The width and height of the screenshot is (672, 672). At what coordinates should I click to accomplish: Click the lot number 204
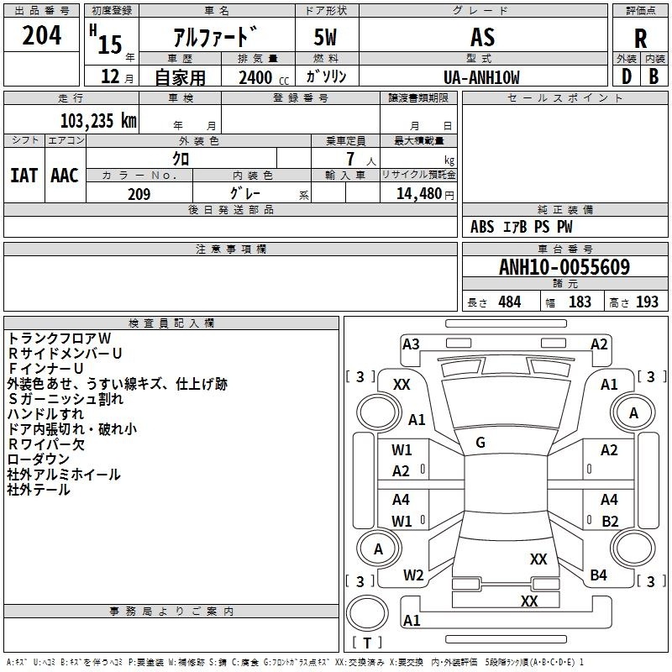click(41, 35)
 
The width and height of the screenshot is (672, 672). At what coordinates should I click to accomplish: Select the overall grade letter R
click(640, 38)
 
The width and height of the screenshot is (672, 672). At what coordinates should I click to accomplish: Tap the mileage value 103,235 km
click(98, 121)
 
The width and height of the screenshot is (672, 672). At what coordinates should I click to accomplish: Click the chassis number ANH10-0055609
click(564, 266)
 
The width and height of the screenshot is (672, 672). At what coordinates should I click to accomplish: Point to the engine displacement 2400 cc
click(264, 77)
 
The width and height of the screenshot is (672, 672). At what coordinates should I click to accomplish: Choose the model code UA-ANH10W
click(481, 77)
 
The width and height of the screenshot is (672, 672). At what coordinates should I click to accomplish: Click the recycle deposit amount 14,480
click(419, 194)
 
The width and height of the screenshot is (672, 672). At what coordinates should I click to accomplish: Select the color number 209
click(139, 194)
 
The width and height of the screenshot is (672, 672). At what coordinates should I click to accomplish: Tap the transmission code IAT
click(24, 176)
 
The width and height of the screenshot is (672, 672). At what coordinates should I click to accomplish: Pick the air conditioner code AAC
click(65, 176)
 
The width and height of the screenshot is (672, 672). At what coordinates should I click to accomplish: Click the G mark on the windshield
click(480, 443)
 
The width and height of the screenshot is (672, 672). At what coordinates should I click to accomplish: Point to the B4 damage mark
click(598, 575)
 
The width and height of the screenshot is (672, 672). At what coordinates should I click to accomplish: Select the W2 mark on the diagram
click(413, 575)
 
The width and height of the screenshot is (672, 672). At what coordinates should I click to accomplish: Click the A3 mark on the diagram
click(411, 344)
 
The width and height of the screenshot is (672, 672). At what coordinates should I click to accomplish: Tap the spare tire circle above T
click(367, 613)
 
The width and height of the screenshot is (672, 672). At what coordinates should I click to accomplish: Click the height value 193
click(647, 302)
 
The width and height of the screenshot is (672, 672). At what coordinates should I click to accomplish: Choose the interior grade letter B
click(654, 76)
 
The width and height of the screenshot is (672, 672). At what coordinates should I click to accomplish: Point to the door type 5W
click(325, 37)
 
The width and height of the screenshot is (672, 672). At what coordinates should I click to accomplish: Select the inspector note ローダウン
click(38, 459)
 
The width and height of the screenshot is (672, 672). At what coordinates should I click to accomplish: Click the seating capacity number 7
click(350, 159)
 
